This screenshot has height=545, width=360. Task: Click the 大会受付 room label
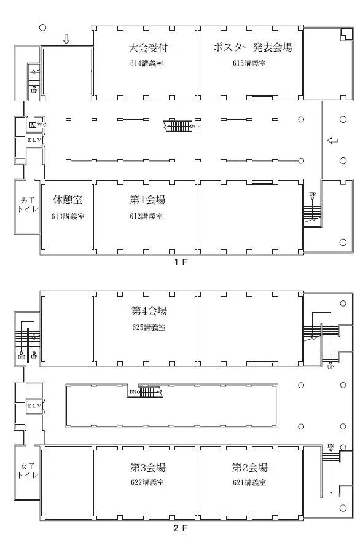(x=148, y=47)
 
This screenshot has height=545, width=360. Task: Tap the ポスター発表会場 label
(x=252, y=47)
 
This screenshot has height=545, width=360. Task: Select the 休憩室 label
(x=68, y=200)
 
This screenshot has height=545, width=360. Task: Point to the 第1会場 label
(x=147, y=200)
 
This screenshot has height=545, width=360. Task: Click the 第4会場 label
(x=149, y=310)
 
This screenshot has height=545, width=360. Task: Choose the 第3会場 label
(x=147, y=467)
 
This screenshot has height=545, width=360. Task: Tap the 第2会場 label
(x=249, y=467)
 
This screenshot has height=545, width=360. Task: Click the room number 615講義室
(x=249, y=63)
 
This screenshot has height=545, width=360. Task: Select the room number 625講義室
(x=149, y=327)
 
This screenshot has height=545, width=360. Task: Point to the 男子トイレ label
(x=28, y=205)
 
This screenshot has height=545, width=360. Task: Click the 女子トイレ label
(x=28, y=471)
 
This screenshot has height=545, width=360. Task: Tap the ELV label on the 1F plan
(x=34, y=140)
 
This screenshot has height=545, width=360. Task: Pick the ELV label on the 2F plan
(x=34, y=406)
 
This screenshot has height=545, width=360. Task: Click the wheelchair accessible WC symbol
(x=33, y=125)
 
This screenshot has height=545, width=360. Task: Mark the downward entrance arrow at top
(x=66, y=39)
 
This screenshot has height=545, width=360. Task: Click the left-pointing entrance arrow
(x=332, y=141)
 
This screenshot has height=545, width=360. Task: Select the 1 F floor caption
(x=181, y=262)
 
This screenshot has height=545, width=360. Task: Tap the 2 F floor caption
(x=181, y=528)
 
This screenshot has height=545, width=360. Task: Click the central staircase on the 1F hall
(x=178, y=126)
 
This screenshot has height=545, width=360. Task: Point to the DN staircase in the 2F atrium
(x=150, y=392)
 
